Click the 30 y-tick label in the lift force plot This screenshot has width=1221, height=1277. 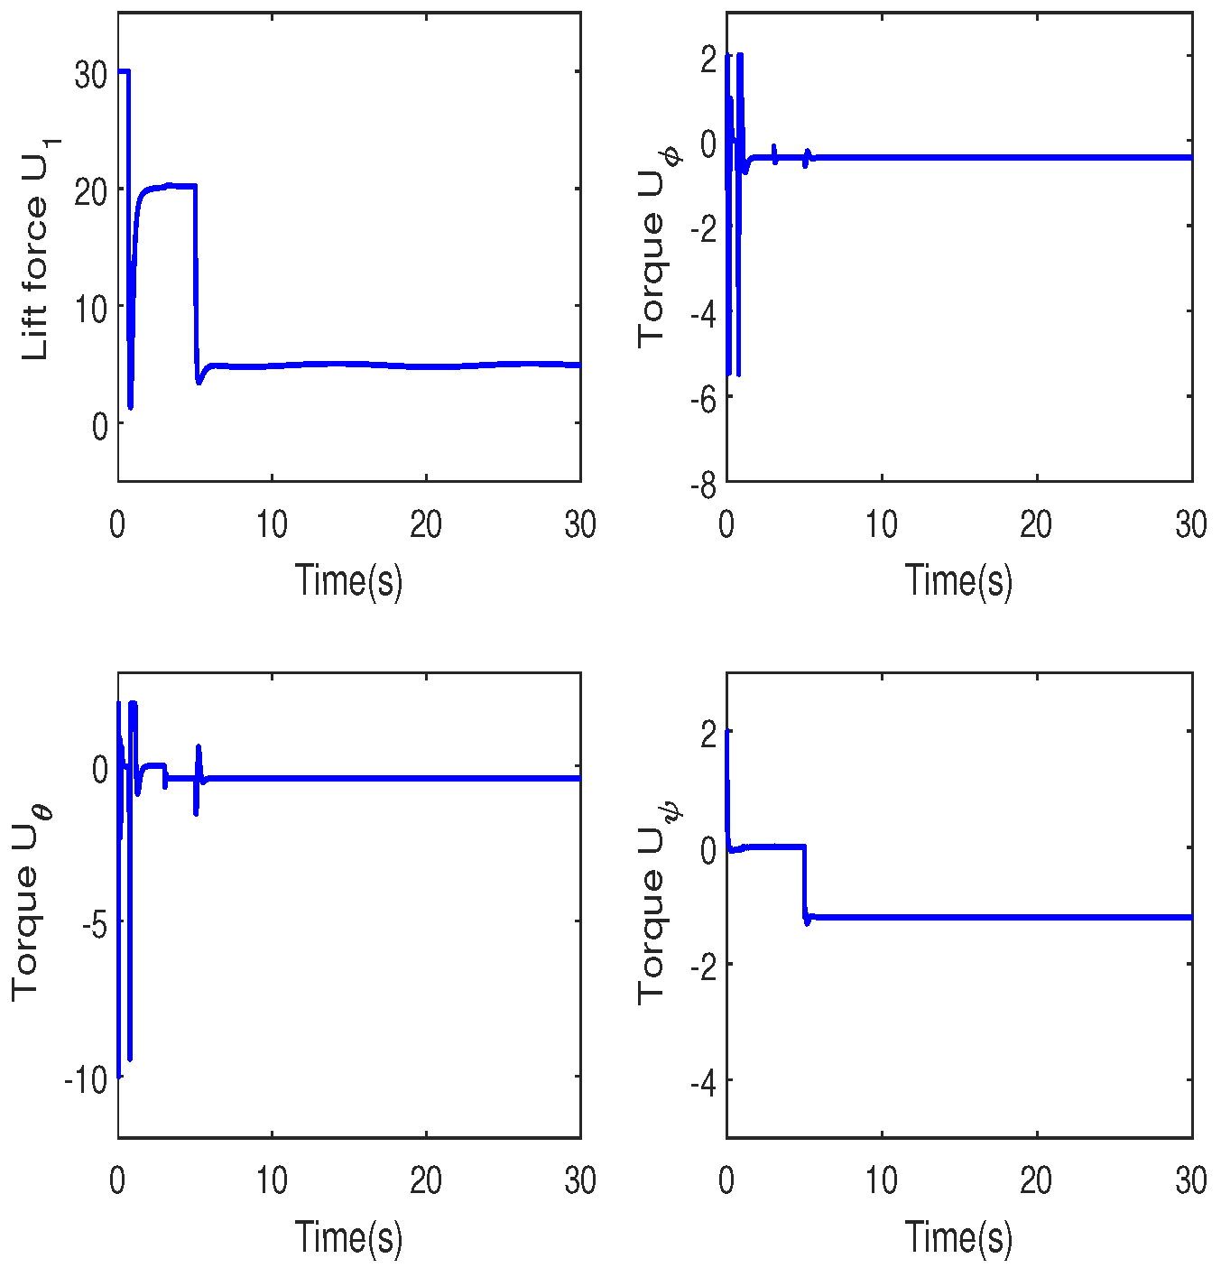pos(90,75)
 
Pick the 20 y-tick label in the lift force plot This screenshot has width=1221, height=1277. pos(90,191)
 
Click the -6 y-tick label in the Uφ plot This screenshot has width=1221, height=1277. pos(703,400)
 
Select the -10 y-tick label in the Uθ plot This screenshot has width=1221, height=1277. pos(85,1079)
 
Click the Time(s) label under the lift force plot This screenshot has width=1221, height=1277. pos(348,580)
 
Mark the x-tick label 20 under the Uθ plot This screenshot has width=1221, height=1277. pos(426,1180)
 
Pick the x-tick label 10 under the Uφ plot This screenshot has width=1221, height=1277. pos(881,524)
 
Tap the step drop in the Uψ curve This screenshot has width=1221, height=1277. pos(804,883)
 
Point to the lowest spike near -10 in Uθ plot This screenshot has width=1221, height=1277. pos(130,1056)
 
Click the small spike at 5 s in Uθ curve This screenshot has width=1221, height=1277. pos(197,776)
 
